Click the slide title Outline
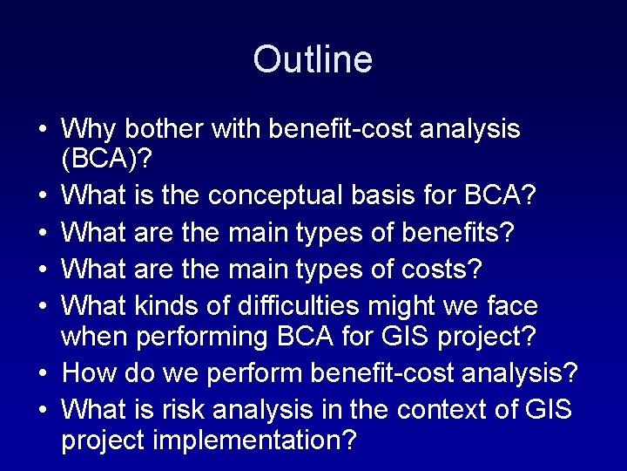[313, 60]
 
